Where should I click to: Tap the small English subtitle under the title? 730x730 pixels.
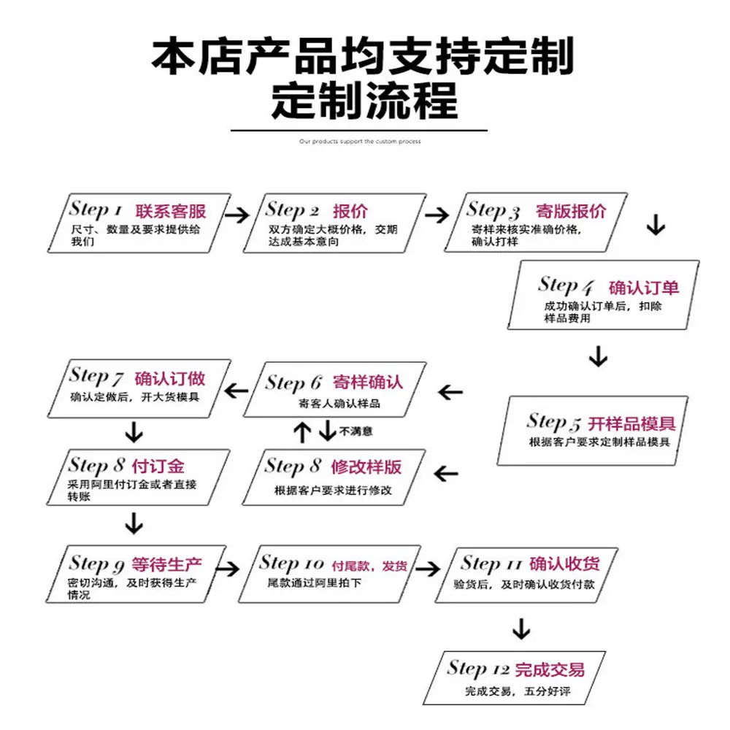pyautogui.click(x=360, y=142)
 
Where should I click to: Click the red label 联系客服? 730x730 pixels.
pyautogui.click(x=171, y=212)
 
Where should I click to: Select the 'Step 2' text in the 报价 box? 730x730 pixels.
pyautogui.click(x=292, y=210)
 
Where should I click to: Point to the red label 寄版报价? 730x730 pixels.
pyautogui.click(x=571, y=212)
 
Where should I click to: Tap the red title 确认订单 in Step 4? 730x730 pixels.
pyautogui.click(x=644, y=287)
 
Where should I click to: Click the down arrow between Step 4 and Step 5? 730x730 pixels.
pyautogui.click(x=598, y=357)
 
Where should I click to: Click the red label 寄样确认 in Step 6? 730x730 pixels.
pyautogui.click(x=368, y=383)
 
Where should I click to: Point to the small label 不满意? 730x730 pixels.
pyautogui.click(x=356, y=431)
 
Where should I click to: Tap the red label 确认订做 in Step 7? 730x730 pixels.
pyautogui.click(x=170, y=378)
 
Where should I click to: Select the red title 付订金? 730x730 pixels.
pyautogui.click(x=158, y=466)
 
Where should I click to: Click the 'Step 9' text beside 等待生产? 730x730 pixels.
pyautogui.click(x=97, y=564)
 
